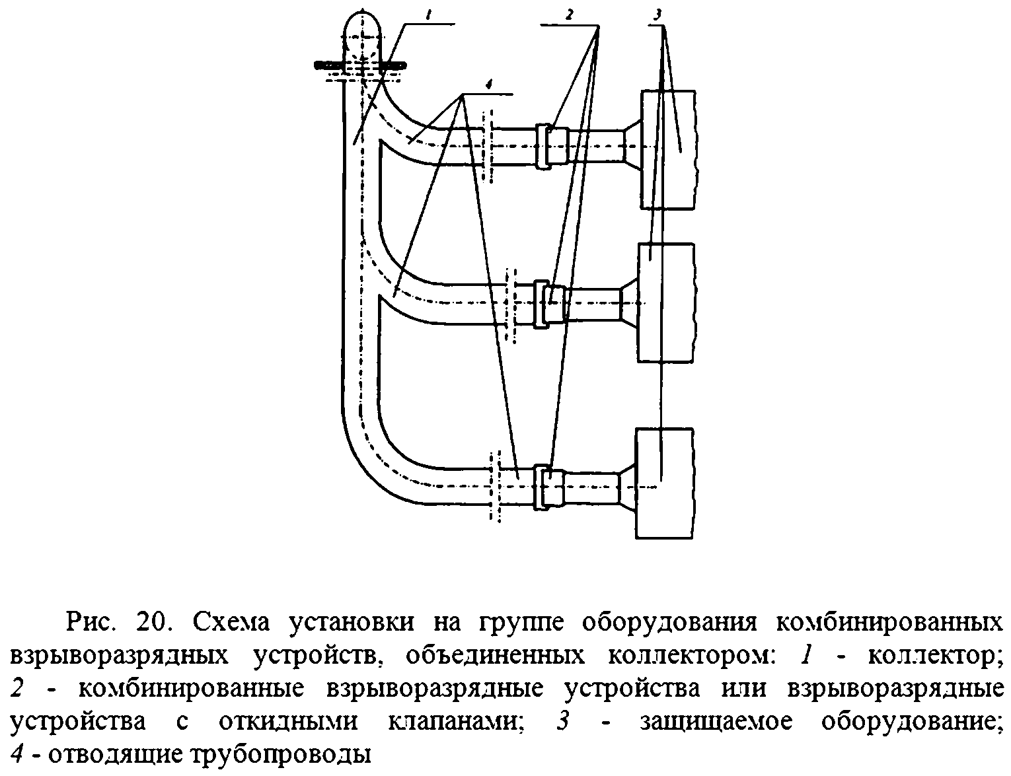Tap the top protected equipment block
point(667,149)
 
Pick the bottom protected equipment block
point(665,483)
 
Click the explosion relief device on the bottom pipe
point(543,486)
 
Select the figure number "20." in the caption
point(155,623)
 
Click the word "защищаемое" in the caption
point(716,721)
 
